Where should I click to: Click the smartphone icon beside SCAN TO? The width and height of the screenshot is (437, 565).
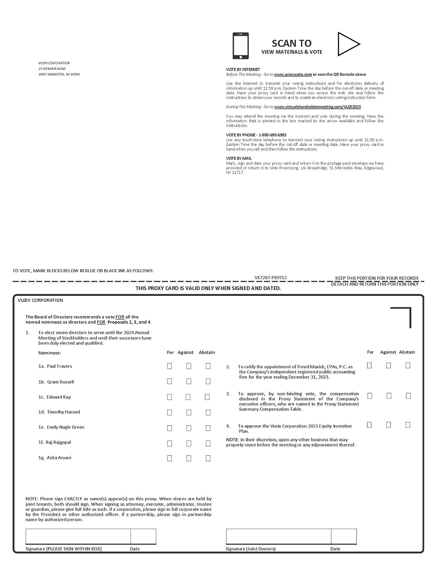click(240, 46)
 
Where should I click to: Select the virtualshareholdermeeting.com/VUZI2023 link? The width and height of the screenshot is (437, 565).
click(318, 106)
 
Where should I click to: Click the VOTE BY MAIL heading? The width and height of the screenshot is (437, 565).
click(239, 159)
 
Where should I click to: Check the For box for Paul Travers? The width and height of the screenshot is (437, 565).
click(169, 366)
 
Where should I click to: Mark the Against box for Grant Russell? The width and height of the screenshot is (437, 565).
click(188, 382)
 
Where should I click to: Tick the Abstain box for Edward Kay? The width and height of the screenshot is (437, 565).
click(208, 397)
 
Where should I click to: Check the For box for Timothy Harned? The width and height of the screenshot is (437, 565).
click(169, 412)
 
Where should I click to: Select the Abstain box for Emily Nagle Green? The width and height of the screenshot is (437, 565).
click(208, 428)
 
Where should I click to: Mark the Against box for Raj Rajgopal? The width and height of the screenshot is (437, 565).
click(188, 443)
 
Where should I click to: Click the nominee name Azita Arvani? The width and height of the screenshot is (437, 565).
click(59, 458)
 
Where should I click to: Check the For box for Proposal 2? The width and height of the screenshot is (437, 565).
click(370, 366)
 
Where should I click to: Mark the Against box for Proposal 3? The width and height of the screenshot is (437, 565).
click(389, 396)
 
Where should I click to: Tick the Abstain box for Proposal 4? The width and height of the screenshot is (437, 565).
click(408, 425)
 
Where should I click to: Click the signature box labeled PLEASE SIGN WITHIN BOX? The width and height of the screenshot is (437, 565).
click(78, 536)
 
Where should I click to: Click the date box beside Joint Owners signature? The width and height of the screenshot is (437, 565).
click(344, 536)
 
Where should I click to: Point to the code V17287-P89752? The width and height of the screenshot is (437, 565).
click(270, 278)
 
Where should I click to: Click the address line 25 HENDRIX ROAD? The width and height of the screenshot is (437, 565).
click(52, 69)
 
